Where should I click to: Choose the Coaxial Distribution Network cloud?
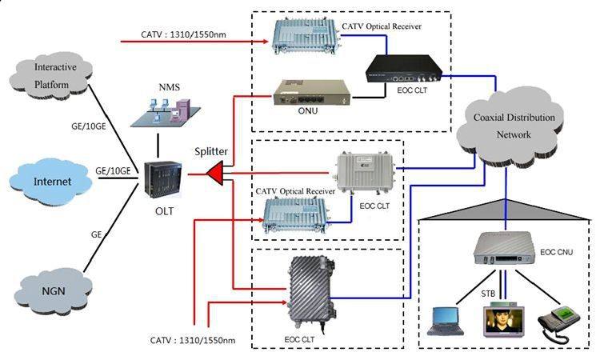[513, 126]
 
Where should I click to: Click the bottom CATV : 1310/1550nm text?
[192, 340]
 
